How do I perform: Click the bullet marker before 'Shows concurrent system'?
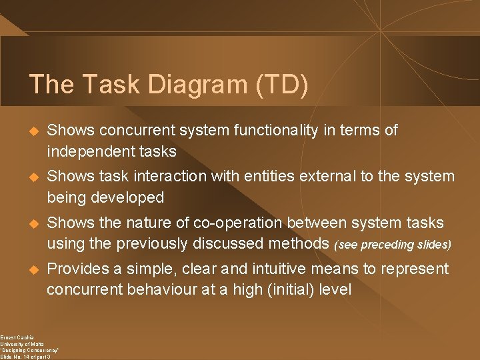click(x=31, y=131)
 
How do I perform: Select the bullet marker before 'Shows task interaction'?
click(x=31, y=177)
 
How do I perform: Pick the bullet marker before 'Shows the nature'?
click(x=31, y=223)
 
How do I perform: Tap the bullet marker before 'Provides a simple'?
click(x=31, y=269)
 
